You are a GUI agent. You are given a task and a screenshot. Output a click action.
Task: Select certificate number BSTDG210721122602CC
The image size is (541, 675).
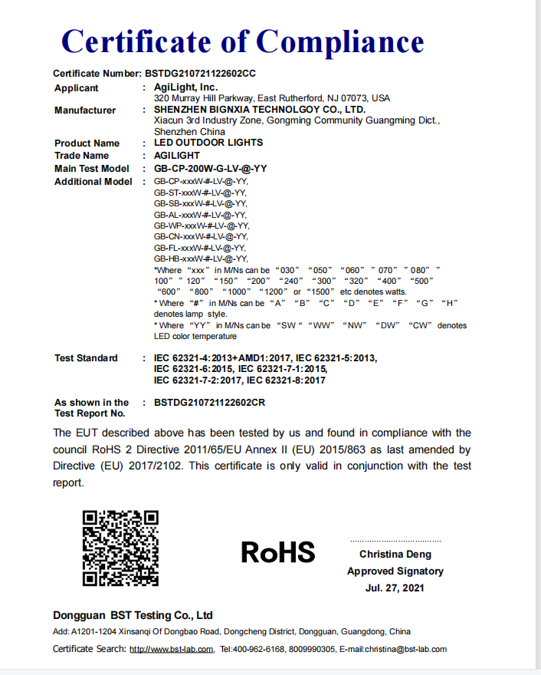click(200, 74)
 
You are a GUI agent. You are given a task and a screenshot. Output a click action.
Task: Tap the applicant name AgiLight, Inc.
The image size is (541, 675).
click(186, 88)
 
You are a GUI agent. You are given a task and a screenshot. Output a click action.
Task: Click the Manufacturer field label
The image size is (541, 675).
click(85, 110)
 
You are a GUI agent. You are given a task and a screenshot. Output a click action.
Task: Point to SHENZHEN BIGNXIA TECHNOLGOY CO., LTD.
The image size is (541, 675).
click(260, 110)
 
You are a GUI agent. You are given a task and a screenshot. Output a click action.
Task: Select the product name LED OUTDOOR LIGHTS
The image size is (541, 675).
click(208, 143)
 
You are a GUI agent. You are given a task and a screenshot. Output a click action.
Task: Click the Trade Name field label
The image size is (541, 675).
click(82, 156)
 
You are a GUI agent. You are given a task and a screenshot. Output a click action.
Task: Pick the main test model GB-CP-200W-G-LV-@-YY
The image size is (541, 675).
click(211, 169)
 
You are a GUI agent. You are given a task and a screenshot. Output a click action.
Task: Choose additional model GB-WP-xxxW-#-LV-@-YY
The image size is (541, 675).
click(201, 226)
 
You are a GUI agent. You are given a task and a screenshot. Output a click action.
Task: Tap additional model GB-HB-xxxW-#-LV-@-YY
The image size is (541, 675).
click(201, 259)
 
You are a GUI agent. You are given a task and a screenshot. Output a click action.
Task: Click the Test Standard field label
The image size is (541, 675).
click(86, 358)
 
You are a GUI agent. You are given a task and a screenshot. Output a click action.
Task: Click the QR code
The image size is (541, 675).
click(120, 548)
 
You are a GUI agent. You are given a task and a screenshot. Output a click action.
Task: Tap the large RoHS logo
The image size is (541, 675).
click(278, 552)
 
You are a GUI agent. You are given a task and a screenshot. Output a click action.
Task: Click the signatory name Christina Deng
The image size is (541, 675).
click(395, 555)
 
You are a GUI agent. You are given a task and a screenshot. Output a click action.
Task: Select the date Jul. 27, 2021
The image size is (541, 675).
click(395, 588)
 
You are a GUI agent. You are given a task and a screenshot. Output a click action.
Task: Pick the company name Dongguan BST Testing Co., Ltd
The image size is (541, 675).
click(133, 615)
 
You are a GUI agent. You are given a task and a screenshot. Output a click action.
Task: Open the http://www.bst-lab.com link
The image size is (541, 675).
click(171, 649)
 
